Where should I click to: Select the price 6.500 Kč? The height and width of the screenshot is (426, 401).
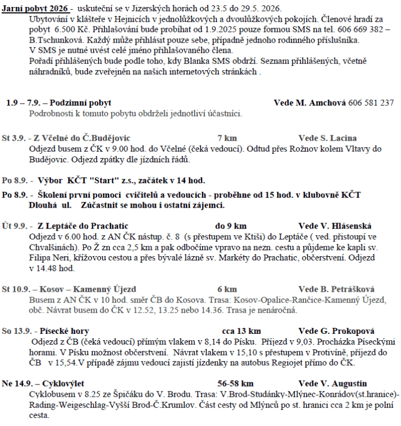[63, 30]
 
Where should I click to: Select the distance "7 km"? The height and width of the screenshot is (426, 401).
[227, 138]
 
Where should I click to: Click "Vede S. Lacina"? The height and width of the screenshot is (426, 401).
[327, 138]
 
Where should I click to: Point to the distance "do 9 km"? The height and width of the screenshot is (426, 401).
[231, 226]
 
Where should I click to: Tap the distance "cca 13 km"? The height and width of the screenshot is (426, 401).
[241, 331]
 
